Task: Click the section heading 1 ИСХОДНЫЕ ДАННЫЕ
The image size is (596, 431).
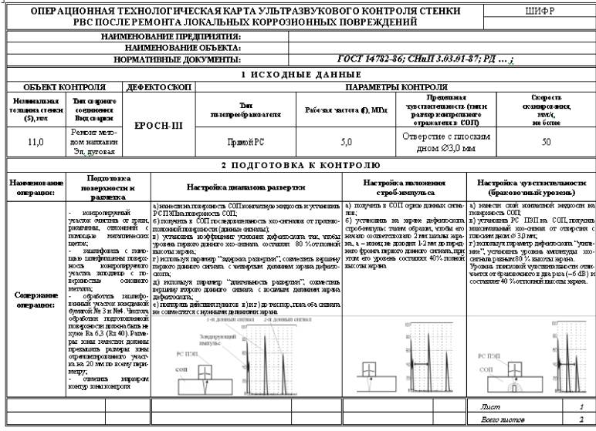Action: click(301, 74)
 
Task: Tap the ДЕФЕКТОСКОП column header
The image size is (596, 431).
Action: click(158, 88)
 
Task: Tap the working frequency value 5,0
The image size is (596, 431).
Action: click(347, 142)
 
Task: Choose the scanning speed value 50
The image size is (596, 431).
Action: click(547, 142)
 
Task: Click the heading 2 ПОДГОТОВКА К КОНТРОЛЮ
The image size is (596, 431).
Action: click(301, 166)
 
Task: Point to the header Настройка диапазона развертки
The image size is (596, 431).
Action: click(246, 187)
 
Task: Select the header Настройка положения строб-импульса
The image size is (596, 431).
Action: click(405, 187)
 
